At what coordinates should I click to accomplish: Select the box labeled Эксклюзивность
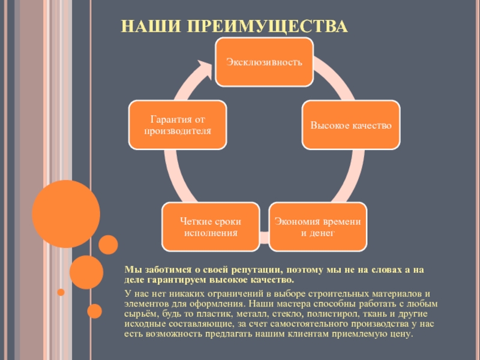point(264,61)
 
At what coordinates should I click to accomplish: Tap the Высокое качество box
point(351,125)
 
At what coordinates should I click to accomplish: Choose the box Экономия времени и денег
point(317,226)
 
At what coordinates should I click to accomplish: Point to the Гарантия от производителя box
point(178,125)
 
